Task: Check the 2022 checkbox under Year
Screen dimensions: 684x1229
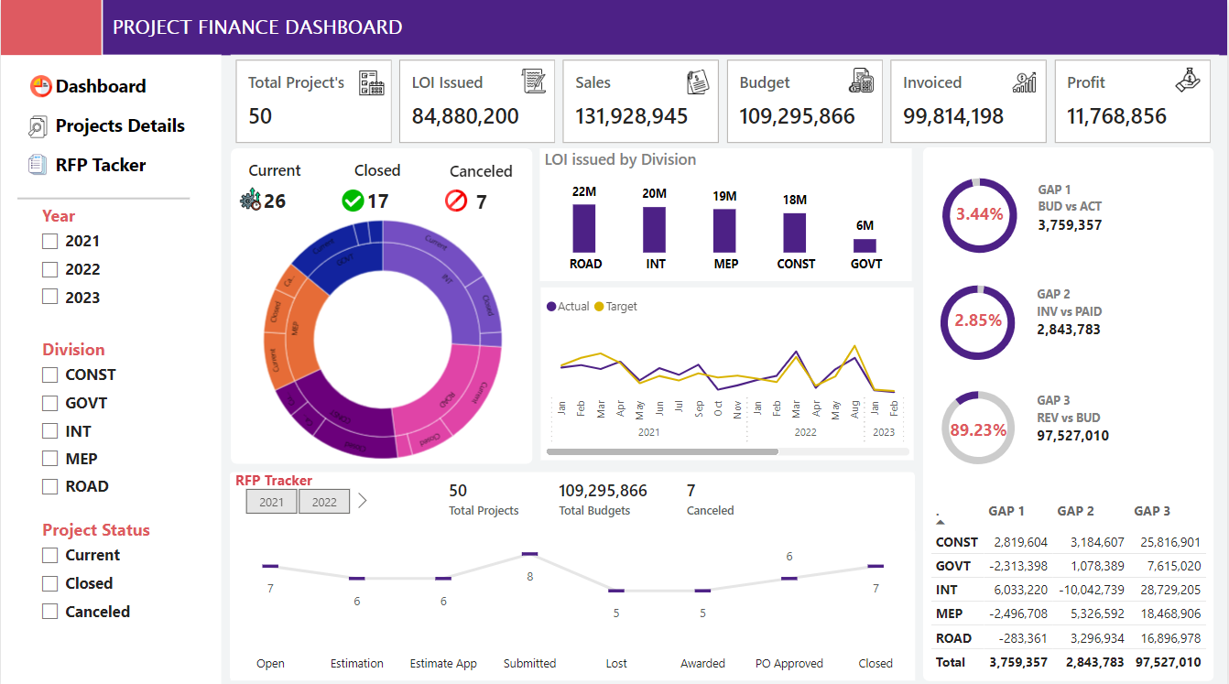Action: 50,269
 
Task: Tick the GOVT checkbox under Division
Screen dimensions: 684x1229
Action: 50,403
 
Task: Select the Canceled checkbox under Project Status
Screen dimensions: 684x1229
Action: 50,612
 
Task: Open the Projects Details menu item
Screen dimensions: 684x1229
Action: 119,126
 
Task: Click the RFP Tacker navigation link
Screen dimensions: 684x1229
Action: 100,166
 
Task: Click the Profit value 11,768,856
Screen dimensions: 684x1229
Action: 1116,116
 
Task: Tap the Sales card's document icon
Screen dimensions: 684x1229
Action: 698,81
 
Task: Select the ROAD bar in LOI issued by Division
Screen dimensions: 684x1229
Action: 584,228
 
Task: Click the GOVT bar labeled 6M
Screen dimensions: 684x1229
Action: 865,245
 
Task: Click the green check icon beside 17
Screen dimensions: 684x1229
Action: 353,201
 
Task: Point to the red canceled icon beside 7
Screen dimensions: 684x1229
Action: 456,201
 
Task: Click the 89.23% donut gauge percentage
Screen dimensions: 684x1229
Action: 978,429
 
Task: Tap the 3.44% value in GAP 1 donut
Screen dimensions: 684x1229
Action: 979,215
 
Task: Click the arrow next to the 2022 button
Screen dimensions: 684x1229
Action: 363,501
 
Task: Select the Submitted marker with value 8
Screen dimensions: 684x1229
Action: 529,554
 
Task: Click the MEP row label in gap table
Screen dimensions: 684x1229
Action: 949,613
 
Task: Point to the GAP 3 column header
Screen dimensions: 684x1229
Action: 1152,511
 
